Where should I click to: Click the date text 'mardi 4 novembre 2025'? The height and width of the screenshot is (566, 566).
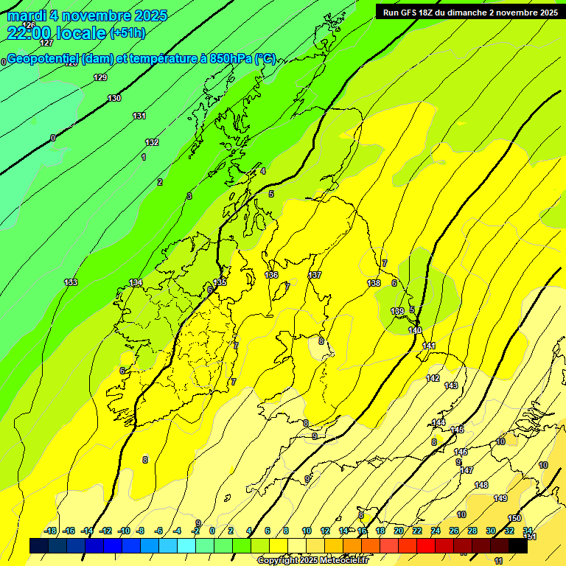pos(87,15)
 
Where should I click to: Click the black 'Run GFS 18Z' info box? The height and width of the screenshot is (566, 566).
pos(469,12)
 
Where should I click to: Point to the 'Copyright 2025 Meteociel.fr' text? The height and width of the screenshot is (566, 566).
pos(312,560)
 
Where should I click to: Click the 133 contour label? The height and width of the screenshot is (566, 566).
pos(71,282)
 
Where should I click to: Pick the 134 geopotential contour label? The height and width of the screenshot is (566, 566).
pos(136,282)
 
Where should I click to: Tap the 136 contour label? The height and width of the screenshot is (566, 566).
pos(271,275)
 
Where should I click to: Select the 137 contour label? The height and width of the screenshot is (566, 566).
pos(315,275)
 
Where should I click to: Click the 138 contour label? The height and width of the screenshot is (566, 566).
pos(374,283)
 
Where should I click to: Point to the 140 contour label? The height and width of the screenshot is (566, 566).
pos(415,330)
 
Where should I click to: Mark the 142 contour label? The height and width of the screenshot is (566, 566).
pos(433,378)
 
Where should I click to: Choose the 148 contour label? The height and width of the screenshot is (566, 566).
pos(481,485)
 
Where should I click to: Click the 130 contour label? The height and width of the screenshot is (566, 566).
pos(114,98)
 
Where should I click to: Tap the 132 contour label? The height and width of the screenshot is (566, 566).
pos(152,142)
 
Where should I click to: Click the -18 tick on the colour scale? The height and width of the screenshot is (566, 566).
pos(51,531)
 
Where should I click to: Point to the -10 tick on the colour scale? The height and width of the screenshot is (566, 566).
pos(124,531)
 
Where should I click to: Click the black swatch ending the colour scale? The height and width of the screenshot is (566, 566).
pos(518,546)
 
